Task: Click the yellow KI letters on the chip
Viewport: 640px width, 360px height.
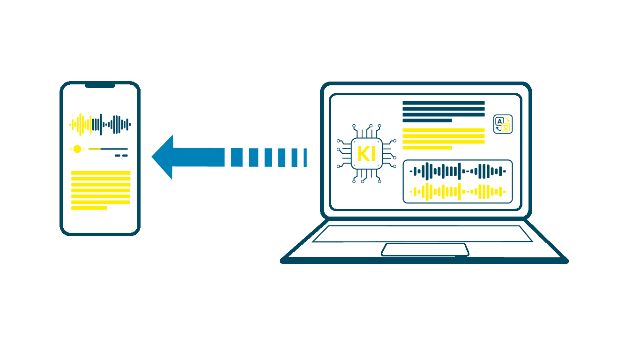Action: pyautogui.click(x=366, y=154)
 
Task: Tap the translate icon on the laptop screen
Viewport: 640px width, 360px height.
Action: pyautogui.click(x=503, y=124)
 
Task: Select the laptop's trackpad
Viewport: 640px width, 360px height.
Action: pyautogui.click(x=425, y=249)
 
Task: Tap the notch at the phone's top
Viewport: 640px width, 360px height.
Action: pyautogui.click(x=100, y=85)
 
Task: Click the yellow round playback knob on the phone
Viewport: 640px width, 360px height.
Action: pyautogui.click(x=77, y=149)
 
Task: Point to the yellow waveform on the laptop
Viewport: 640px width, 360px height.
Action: pyautogui.click(x=458, y=191)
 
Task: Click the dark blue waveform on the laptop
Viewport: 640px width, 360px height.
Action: pyautogui.click(x=458, y=172)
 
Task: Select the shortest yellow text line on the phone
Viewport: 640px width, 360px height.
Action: pyautogui.click(x=89, y=208)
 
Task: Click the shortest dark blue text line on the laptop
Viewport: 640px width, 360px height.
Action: pyautogui.click(x=427, y=120)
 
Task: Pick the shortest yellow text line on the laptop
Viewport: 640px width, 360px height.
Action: pyautogui.click(x=427, y=148)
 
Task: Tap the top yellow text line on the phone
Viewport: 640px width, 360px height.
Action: pyautogui.click(x=101, y=173)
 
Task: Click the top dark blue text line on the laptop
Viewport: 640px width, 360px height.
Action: pyautogui.click(x=443, y=103)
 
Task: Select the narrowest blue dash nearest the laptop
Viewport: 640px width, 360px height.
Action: pyautogui.click(x=305, y=157)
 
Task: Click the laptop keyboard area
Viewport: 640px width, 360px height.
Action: pyautogui.click(x=422, y=234)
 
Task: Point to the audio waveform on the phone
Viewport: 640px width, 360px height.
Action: pyautogui.click(x=100, y=124)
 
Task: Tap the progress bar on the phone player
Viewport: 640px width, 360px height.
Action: pyautogui.click(x=108, y=149)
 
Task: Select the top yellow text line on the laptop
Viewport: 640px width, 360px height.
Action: pyautogui.click(x=443, y=130)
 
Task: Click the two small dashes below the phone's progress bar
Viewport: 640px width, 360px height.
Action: pyautogui.click(x=121, y=156)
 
